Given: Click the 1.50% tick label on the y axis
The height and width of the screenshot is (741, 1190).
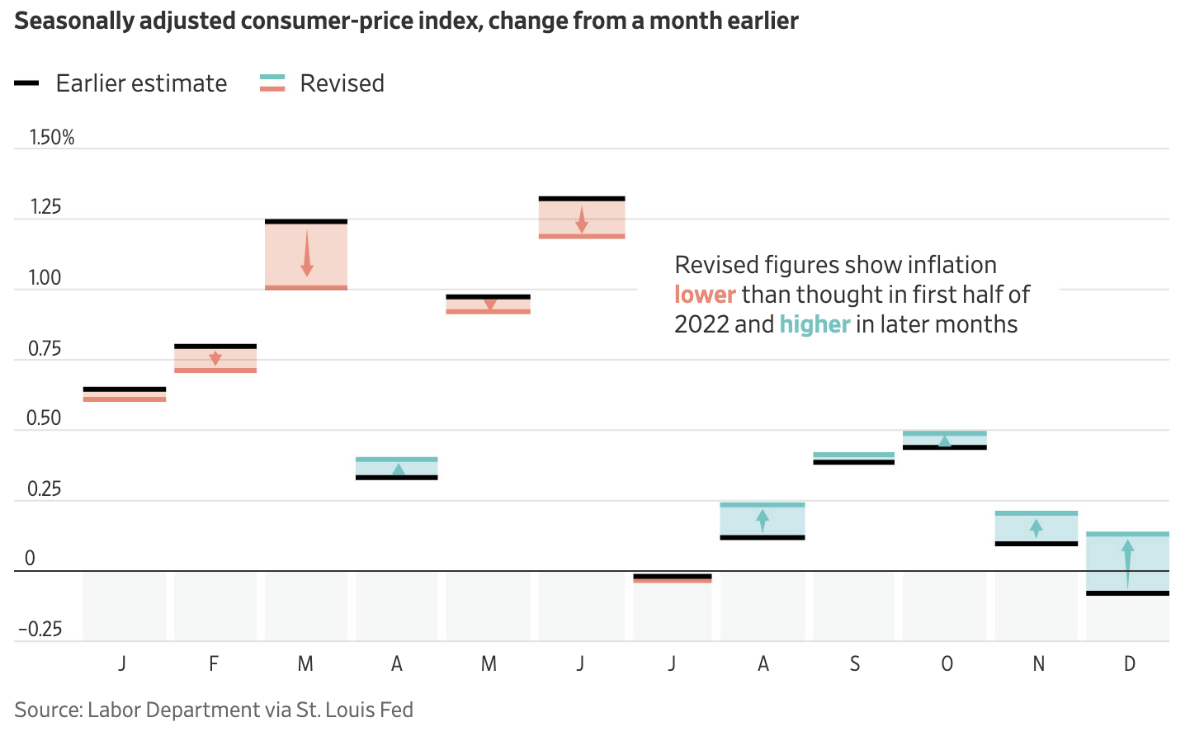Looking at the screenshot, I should (51, 138).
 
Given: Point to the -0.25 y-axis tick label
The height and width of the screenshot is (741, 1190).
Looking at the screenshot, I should (40, 630).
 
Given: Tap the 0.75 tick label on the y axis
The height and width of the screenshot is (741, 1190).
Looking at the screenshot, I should (45, 349).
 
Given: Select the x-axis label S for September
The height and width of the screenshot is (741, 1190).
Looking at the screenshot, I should (854, 663).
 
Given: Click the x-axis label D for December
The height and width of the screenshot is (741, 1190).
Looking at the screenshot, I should (1129, 663).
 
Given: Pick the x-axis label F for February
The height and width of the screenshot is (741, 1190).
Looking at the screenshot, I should (214, 663).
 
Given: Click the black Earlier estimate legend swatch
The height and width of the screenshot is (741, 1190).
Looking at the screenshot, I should (26, 83).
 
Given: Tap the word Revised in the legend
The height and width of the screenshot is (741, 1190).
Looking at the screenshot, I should (342, 83).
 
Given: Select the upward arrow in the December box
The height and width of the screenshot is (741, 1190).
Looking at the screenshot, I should (1127, 564).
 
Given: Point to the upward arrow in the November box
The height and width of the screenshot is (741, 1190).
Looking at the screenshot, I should (1036, 528).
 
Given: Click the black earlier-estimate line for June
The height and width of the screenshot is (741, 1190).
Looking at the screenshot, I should (582, 199).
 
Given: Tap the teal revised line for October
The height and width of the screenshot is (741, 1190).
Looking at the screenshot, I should (944, 432).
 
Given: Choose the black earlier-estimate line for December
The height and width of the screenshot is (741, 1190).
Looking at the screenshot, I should (1127, 593).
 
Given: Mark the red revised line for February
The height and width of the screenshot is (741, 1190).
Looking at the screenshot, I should (215, 370).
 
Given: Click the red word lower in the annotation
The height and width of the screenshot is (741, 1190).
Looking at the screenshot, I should (705, 295).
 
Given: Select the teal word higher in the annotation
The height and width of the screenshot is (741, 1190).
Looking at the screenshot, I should (815, 324).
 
